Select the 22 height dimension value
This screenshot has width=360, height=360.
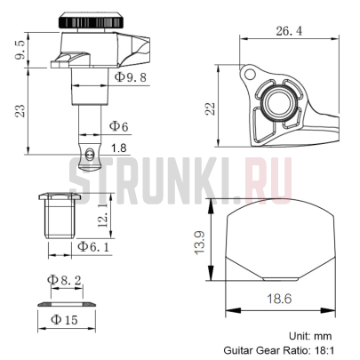point(211,108)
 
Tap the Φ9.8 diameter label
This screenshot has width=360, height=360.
point(133,78)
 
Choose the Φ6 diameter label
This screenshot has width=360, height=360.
point(120,127)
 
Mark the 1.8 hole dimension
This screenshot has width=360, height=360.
point(119,148)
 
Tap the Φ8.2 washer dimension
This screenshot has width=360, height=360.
point(65,280)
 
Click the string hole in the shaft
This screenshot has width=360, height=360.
point(89,154)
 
